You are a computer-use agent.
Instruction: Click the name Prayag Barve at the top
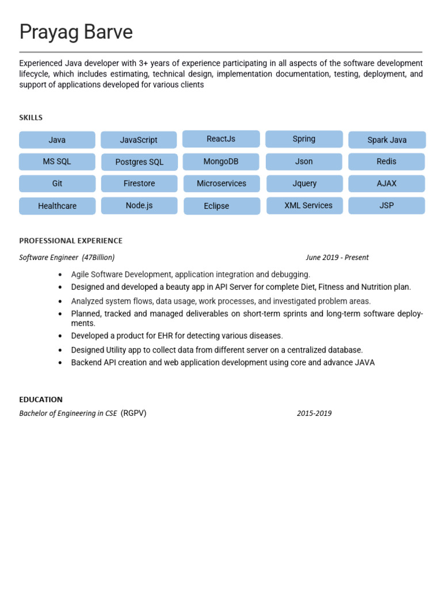(x=76, y=32)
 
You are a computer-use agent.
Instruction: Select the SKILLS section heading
(x=31, y=117)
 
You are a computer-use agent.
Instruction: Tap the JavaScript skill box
(x=139, y=140)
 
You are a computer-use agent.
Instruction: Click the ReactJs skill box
(x=221, y=139)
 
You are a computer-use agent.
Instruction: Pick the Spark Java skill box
(x=387, y=140)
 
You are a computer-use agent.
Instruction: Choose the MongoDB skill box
(x=221, y=162)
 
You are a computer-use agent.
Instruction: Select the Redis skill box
(x=386, y=162)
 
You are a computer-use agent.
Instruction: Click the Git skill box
(x=57, y=183)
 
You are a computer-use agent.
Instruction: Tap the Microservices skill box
(x=222, y=183)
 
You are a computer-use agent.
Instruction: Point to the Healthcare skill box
(x=57, y=206)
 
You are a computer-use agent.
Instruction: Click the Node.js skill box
(x=139, y=205)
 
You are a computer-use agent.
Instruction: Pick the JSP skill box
(x=387, y=205)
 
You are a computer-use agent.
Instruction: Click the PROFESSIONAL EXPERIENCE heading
(x=71, y=240)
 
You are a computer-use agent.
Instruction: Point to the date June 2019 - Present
(x=337, y=257)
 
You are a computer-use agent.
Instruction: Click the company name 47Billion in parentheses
(x=98, y=257)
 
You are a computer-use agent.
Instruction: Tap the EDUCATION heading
(x=41, y=399)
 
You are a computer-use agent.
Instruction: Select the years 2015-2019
(x=314, y=413)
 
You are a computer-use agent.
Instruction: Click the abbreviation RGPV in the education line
(x=134, y=413)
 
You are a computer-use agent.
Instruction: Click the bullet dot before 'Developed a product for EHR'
(x=60, y=336)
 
